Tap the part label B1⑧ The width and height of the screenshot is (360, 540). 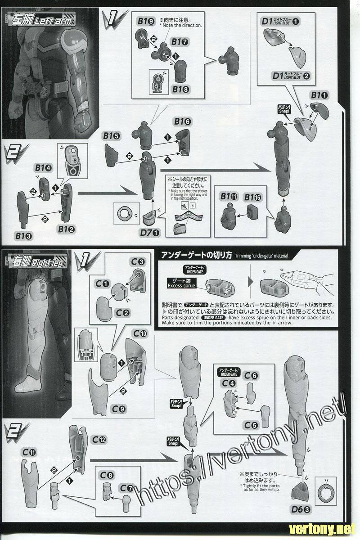[x=179, y=89]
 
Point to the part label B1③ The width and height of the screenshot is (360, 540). [x=24, y=235]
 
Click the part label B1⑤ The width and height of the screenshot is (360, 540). [x=111, y=135]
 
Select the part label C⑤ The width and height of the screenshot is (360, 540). [x=251, y=425]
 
